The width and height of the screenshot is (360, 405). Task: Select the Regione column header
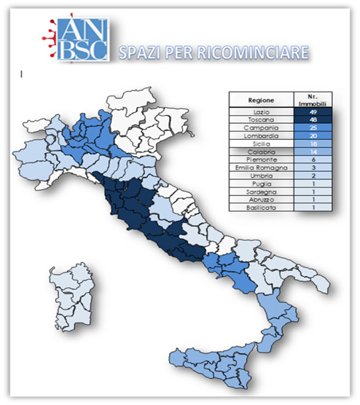pos(260,101)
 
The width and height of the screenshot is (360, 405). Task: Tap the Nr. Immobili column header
pos(313,101)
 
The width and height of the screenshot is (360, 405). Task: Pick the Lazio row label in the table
pos(260,112)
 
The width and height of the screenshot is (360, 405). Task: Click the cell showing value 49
pos(313,112)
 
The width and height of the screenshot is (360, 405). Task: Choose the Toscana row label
pos(260,120)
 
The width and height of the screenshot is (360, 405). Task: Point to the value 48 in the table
pos(313,120)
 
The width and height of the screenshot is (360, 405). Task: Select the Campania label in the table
pos(260,128)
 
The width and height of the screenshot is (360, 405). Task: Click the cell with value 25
pos(313,128)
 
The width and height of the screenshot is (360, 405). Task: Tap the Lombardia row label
pos(260,136)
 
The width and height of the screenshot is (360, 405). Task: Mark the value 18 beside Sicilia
pos(313,144)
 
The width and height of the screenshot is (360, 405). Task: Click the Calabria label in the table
pos(260,152)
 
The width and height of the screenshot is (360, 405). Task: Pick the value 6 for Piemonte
pos(313,160)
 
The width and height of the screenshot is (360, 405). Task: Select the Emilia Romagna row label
pos(260,168)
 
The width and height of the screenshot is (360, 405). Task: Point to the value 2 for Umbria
pos(313,176)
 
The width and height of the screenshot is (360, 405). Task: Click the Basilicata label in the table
pos(260,208)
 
